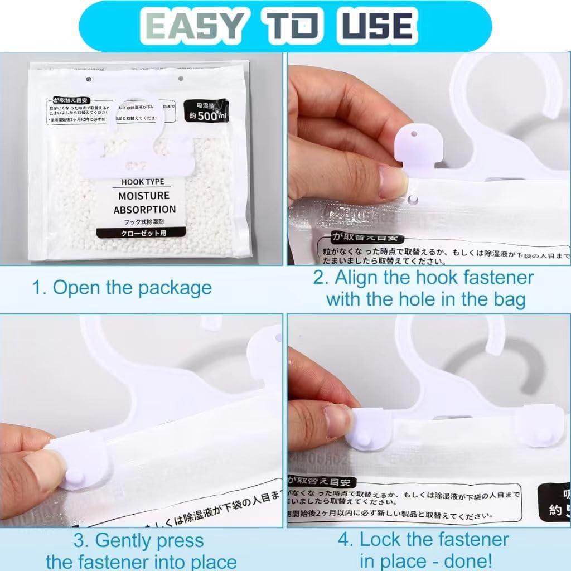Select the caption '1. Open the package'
(x=122, y=288)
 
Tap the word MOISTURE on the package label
(x=144, y=196)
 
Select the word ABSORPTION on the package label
(x=144, y=210)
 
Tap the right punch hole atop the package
(x=180, y=79)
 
